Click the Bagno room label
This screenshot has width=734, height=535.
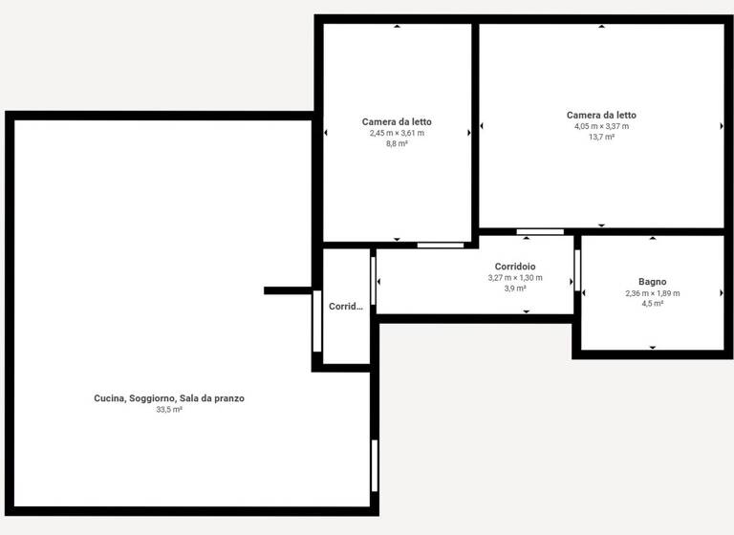point(652,282)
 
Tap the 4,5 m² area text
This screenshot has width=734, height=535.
point(652,304)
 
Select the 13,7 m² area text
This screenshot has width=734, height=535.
point(601,137)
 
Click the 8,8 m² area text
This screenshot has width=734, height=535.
point(397,143)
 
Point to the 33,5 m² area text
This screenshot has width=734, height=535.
point(169,409)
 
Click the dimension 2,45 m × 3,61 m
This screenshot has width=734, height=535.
point(397,133)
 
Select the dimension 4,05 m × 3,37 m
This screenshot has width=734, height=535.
point(601,126)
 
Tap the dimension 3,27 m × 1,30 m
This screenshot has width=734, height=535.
point(515,277)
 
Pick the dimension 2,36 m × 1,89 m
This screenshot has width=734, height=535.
point(652,293)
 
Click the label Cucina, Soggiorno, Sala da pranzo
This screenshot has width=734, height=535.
point(169,398)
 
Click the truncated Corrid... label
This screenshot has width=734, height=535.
point(346,307)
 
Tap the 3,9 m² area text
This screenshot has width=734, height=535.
point(515,288)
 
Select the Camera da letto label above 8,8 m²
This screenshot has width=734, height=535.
point(397,121)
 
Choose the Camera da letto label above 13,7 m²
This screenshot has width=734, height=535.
point(601,115)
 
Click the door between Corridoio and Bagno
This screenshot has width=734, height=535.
point(577,270)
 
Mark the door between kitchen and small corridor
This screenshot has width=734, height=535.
point(317,320)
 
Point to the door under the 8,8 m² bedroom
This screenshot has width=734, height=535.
point(441,245)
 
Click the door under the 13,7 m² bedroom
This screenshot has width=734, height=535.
point(540,231)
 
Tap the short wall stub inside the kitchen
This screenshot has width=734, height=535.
point(288,290)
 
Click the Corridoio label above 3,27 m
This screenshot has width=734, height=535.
point(515,266)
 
